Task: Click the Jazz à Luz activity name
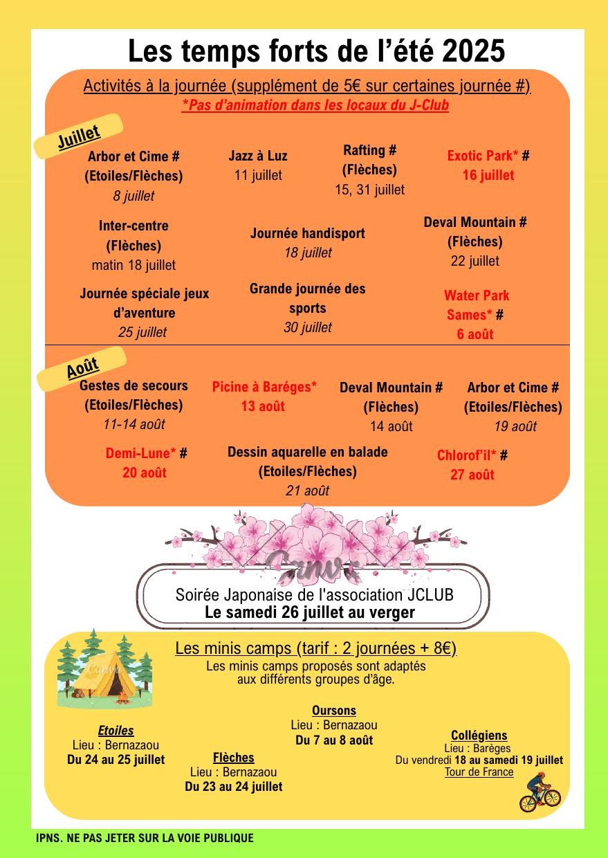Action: point(258,156)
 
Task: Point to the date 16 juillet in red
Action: point(488,175)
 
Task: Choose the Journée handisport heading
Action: point(307,233)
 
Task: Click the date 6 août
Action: point(475,334)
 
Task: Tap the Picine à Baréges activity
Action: point(264,387)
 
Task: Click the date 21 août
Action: point(307,491)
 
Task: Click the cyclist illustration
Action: point(540,793)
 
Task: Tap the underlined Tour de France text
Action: point(479,772)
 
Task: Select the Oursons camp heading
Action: point(334,711)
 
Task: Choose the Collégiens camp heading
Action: point(479,736)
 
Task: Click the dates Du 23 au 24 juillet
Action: point(234,787)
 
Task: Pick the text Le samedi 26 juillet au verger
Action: point(310,612)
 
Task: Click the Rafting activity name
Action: point(369,150)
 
